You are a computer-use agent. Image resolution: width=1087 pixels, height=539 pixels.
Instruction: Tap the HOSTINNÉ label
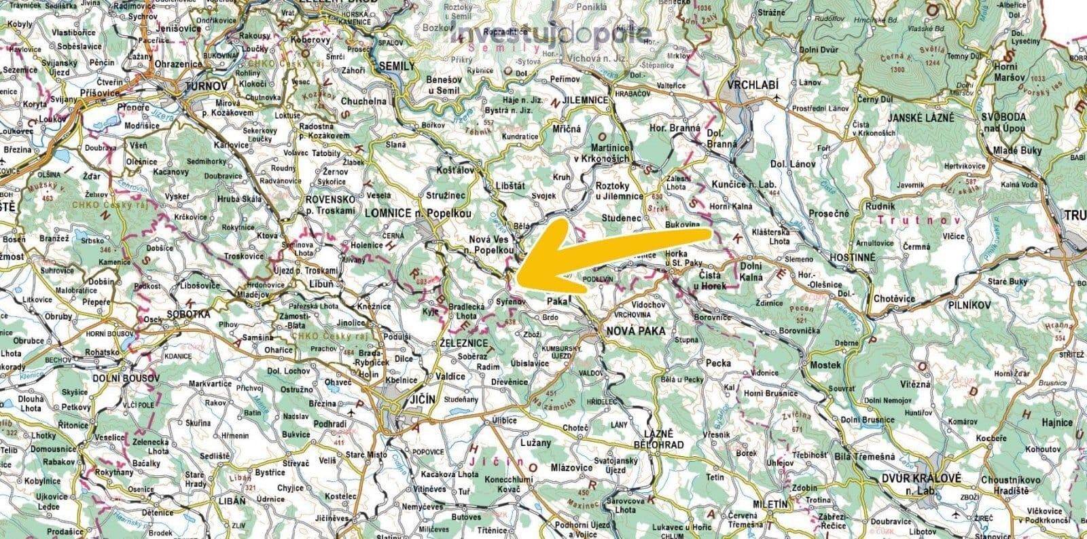coord(852,259)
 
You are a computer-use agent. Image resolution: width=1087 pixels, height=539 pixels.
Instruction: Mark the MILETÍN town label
coord(770,504)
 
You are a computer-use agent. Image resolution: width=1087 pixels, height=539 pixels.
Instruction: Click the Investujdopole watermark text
coord(551,35)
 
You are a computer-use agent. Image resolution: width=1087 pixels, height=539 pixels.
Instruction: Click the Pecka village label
coord(719,363)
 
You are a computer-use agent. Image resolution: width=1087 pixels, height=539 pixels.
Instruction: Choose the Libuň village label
coord(321,284)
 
